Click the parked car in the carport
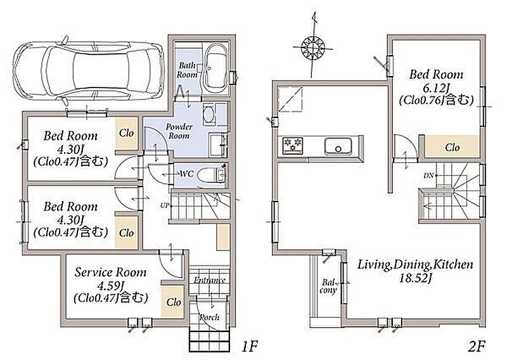pyautogui.click(x=88, y=70)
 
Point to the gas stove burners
pyautogui.click(x=293, y=145)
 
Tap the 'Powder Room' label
pyautogui.click(x=179, y=131)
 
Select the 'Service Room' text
pyautogui.click(x=110, y=273)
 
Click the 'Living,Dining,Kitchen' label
pyautogui.click(x=415, y=264)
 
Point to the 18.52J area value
pyautogui.click(x=416, y=278)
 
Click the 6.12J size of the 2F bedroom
pyautogui.click(x=436, y=87)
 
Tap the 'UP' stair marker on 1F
pyautogui.click(x=164, y=205)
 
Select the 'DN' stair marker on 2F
pyautogui.click(x=428, y=176)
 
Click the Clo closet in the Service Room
pyautogui.click(x=173, y=302)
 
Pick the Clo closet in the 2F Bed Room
pyautogui.click(x=452, y=147)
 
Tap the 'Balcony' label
pyautogui.click(x=328, y=286)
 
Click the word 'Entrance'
pyautogui.click(x=210, y=280)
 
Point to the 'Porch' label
pyautogui.click(x=209, y=318)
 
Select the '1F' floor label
pyautogui.click(x=249, y=347)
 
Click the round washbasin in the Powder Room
pyautogui.click(x=209, y=114)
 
